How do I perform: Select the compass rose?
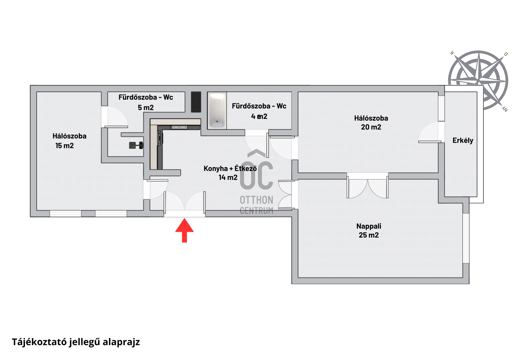tap(478, 80)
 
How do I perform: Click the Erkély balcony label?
tap(463, 140)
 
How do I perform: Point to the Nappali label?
tap(369, 226)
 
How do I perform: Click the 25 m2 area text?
tap(369, 235)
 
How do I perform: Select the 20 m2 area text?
tap(371, 127)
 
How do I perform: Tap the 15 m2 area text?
tap(64, 146)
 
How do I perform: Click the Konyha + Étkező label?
tap(230, 168)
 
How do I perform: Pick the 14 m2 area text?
tap(228, 177)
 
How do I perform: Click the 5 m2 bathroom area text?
tap(146, 108)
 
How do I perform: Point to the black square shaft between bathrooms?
tap(196, 102)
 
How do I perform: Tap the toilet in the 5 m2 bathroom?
tap(136, 145)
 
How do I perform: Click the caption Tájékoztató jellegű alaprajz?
tap(76, 342)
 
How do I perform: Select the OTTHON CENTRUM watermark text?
tap(256, 205)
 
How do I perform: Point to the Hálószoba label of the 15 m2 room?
tap(69, 136)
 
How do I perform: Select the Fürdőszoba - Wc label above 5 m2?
tap(146, 97)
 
